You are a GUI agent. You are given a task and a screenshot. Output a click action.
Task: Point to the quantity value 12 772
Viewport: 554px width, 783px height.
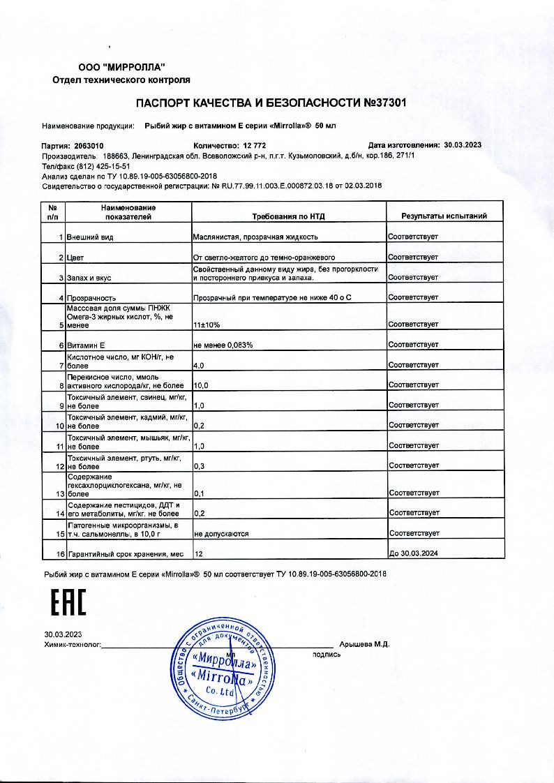click(237, 145)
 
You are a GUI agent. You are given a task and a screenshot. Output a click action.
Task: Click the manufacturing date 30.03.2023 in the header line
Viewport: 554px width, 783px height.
click(463, 145)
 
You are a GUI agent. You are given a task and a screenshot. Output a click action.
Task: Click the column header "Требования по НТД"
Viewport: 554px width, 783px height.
click(289, 216)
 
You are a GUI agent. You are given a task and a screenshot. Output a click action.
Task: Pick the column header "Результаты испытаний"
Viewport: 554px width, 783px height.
click(444, 216)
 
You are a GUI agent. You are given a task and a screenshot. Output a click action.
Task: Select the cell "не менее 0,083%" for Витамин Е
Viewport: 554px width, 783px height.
click(223, 345)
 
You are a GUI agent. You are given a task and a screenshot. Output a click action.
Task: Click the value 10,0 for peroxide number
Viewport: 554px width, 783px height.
click(201, 385)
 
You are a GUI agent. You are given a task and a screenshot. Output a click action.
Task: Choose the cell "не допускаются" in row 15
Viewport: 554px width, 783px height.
click(221, 534)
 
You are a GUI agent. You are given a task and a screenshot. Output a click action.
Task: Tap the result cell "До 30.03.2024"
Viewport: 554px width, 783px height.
click(413, 554)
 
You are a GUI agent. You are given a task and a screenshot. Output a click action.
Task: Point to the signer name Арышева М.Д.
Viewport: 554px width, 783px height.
click(364, 645)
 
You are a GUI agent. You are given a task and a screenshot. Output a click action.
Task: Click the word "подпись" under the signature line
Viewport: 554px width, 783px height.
click(327, 655)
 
